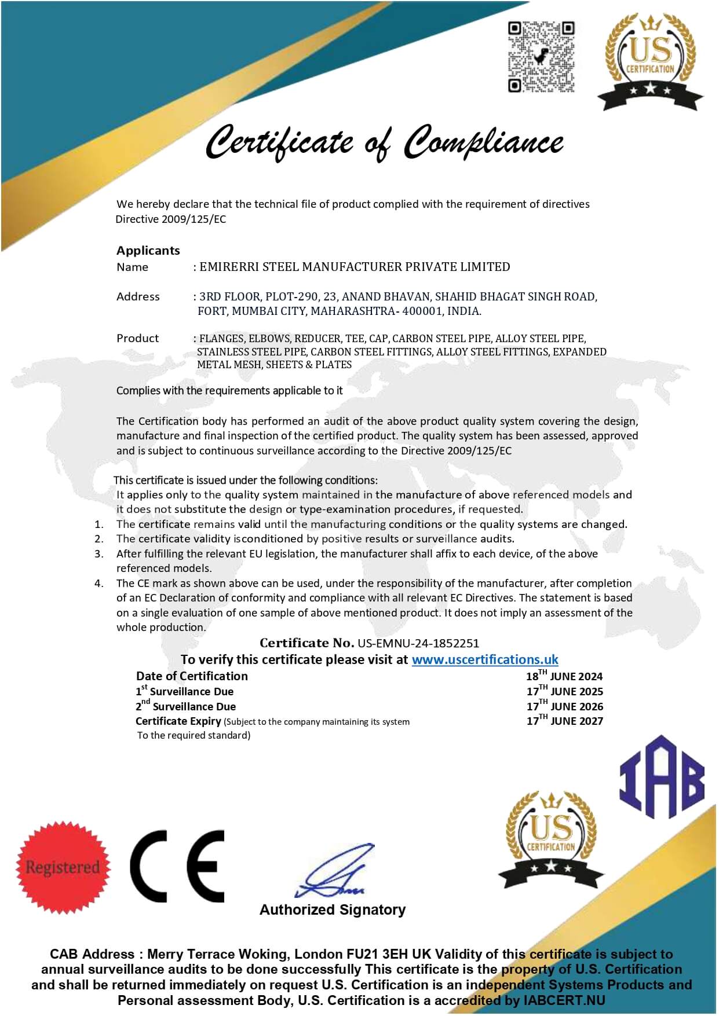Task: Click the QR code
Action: [541, 57]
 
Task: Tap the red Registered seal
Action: [63, 867]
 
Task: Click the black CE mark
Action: [177, 866]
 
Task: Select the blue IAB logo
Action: [662, 777]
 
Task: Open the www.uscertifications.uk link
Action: [485, 659]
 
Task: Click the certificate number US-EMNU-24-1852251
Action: [418, 643]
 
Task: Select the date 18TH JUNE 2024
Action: [564, 676]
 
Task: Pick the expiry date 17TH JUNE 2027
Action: [564, 721]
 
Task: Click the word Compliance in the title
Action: [483, 142]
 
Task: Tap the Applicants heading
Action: [148, 251]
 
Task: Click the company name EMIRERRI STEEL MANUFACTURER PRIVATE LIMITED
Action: [355, 267]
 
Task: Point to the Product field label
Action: [137, 338]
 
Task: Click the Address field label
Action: [138, 296]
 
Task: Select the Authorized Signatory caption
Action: [333, 909]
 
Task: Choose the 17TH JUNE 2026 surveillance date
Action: [564, 706]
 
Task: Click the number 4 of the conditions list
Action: [99, 583]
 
